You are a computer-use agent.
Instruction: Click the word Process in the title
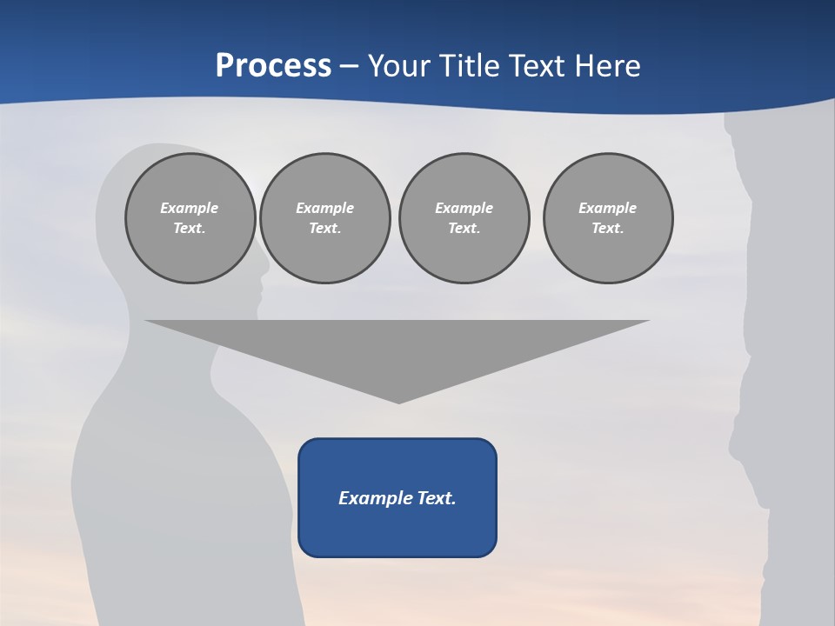273,66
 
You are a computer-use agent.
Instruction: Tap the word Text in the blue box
438,498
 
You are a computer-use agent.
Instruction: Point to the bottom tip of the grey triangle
398,402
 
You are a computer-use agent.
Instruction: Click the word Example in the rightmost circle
607,208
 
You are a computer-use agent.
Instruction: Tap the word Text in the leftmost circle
189,228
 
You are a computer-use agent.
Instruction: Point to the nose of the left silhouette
264,284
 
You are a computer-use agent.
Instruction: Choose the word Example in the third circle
464,208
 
